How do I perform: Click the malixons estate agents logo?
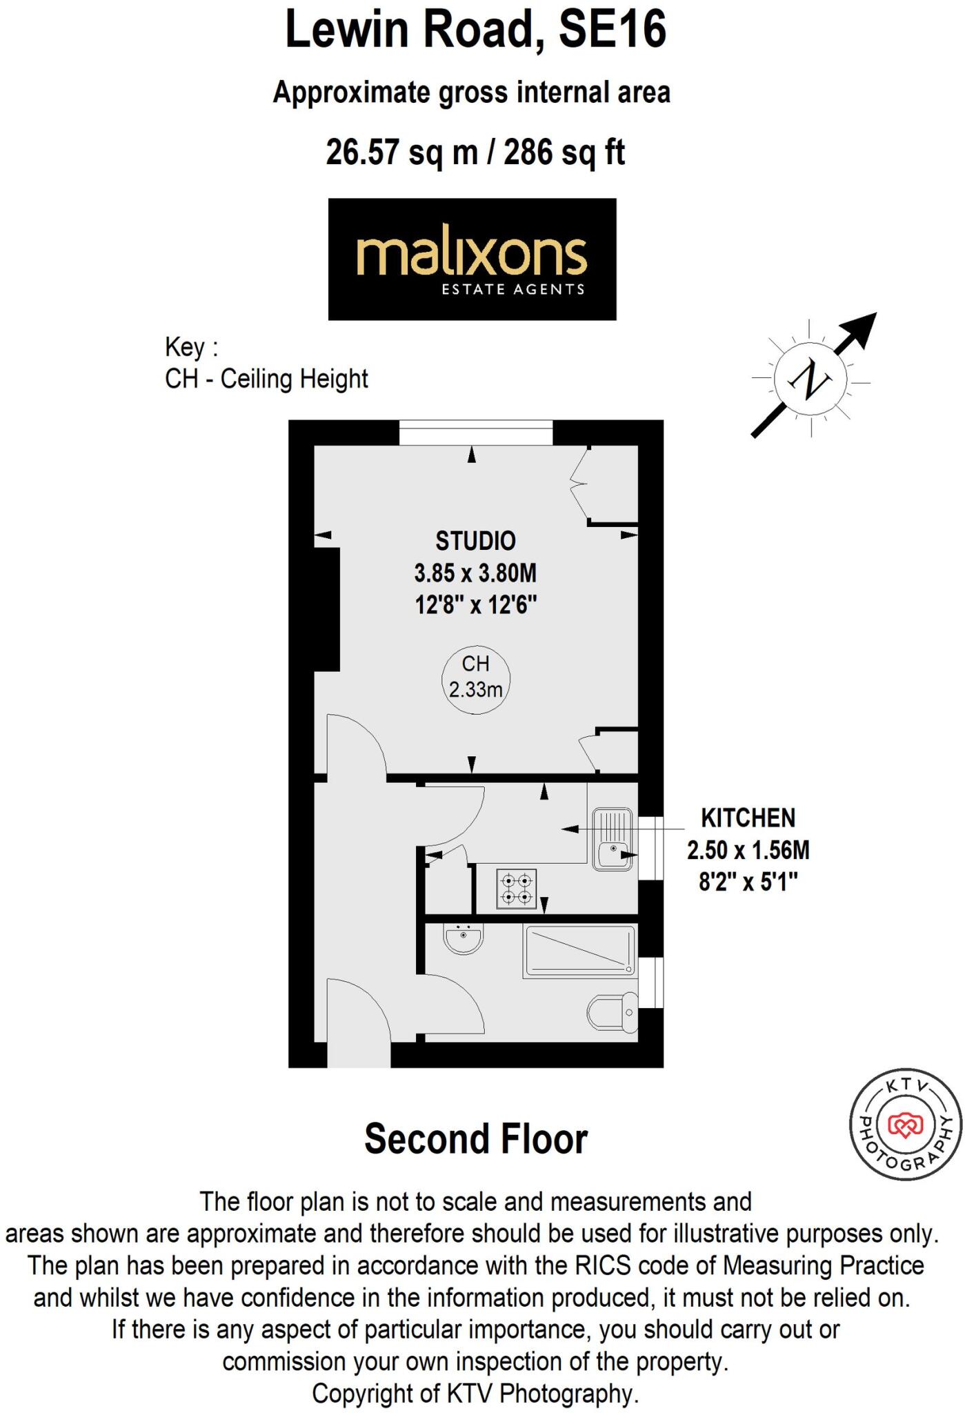(472, 259)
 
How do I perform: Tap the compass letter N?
(810, 379)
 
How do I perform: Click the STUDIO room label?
(475, 541)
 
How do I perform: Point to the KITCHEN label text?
(748, 818)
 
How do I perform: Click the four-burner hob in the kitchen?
(517, 889)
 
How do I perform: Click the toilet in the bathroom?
(613, 1013)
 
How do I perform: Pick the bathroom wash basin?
(463, 938)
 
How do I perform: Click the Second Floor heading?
(476, 1139)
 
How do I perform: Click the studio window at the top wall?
(476, 433)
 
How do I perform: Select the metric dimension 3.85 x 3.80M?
(475, 573)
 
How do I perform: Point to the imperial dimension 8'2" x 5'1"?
(748, 882)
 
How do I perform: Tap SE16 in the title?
(613, 30)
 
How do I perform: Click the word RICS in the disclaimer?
(600, 1266)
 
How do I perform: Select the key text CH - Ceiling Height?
(266, 379)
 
